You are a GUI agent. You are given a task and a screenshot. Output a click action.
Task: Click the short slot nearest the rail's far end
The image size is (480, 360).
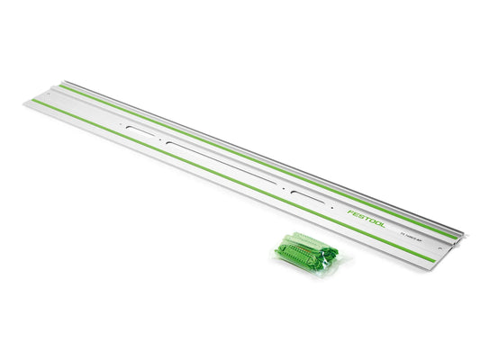tap(142, 133)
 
